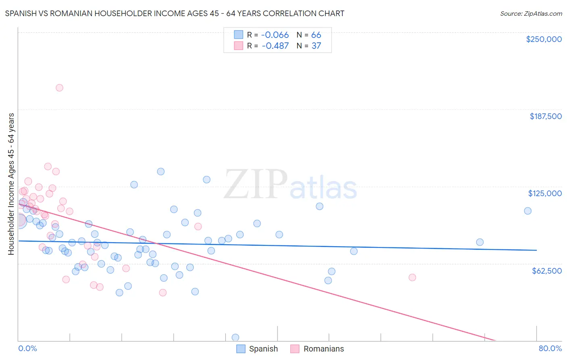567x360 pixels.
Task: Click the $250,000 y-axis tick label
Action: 544,39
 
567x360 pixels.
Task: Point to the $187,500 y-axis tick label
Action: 545,116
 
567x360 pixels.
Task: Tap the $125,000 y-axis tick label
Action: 545,193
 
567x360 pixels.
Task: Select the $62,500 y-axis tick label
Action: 546,271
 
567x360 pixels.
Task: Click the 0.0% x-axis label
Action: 27,348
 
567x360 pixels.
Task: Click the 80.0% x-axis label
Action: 550,348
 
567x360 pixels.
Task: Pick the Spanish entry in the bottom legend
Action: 263,349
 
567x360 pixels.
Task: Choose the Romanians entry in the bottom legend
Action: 323,349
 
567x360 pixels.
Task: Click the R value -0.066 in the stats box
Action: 275,35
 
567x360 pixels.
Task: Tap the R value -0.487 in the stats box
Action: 275,46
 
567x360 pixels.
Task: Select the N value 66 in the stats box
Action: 316,35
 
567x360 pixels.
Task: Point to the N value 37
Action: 316,46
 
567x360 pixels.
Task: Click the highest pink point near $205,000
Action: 59,88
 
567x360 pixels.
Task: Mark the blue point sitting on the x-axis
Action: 236,337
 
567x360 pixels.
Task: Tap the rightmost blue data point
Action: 527,211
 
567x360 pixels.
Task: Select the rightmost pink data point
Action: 412,277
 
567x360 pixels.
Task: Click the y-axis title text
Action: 11,184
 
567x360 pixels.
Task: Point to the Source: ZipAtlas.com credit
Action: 531,14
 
